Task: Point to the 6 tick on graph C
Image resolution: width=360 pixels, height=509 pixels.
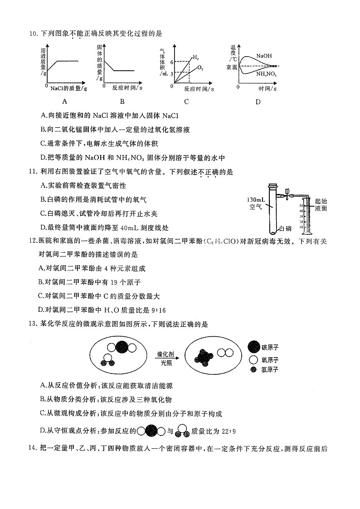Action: tap(172, 62)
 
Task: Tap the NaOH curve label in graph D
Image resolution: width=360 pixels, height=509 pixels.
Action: tap(263, 55)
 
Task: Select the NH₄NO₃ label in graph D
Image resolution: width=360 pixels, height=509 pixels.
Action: tap(266, 73)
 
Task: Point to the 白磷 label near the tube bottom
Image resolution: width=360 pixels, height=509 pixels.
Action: tap(285, 229)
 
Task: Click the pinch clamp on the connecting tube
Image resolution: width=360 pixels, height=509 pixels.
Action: tap(285, 196)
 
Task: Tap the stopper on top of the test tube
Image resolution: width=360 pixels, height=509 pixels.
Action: tap(273, 185)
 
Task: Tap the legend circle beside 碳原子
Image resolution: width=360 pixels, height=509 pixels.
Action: tap(254, 347)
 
